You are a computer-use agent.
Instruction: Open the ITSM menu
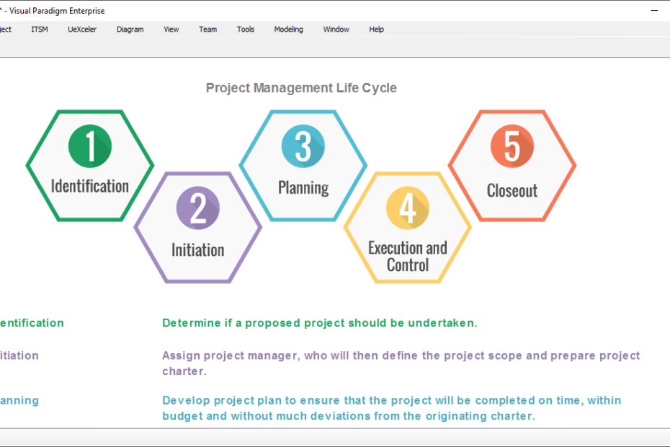(x=40, y=30)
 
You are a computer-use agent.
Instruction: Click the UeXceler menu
(x=82, y=30)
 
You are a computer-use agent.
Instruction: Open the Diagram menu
(x=130, y=30)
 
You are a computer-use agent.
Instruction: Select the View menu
(x=171, y=30)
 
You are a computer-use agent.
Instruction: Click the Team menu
(x=208, y=30)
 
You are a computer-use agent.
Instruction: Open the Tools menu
(x=246, y=30)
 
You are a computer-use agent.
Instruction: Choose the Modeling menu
(x=289, y=30)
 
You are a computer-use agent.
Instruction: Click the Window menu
(x=336, y=30)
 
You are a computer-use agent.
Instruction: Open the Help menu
(x=377, y=30)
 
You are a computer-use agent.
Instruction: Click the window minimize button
(x=654, y=11)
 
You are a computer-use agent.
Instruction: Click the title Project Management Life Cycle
(x=301, y=88)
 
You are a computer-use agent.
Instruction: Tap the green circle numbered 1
(x=90, y=146)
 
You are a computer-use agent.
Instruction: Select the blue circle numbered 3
(x=303, y=146)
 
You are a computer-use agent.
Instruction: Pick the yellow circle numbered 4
(x=408, y=208)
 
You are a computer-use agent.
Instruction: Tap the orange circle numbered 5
(x=512, y=146)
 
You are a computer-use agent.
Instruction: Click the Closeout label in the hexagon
(x=512, y=191)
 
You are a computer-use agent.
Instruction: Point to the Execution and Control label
(x=408, y=257)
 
